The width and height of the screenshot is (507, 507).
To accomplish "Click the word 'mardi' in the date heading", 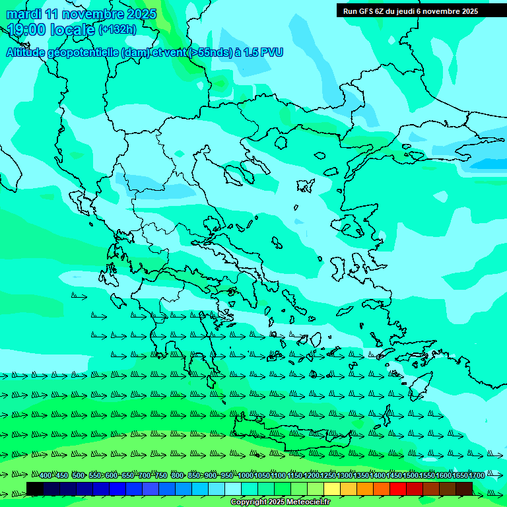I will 24,14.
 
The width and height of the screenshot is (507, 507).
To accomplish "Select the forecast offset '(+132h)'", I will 117,30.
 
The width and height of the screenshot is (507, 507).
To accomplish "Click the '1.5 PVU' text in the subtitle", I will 263,52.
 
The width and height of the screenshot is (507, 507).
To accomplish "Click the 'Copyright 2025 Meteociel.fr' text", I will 281,502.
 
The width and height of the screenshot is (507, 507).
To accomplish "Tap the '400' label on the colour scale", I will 46,475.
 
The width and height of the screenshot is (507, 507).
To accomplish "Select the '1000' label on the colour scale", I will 245,475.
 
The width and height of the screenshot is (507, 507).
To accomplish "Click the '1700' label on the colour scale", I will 477,475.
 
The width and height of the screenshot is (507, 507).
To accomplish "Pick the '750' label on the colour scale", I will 160,475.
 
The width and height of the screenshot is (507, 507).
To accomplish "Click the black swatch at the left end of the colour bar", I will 35,489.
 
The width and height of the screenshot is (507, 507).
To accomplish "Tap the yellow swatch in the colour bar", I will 332,489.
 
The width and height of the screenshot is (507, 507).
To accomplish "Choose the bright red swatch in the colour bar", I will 398,489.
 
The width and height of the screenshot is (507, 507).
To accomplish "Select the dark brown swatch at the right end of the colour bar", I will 464,489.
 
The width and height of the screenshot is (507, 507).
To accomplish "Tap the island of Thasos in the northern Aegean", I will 281,142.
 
